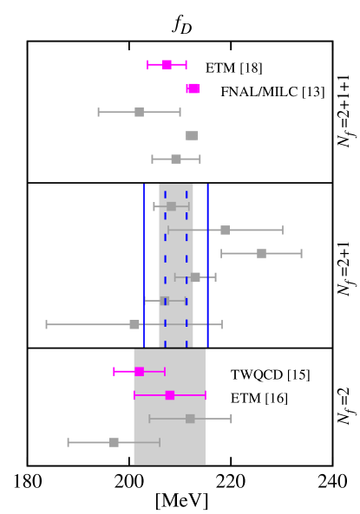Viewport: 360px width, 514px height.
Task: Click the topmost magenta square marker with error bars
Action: click(167, 64)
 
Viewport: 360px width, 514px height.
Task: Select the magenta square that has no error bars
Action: click(193, 88)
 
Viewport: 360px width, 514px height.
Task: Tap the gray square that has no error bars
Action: click(192, 135)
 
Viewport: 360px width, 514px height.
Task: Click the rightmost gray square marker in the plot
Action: click(261, 253)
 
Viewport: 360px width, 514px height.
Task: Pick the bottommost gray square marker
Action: click(114, 442)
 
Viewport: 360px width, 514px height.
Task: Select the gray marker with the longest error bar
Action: click(134, 324)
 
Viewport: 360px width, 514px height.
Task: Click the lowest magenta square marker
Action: click(170, 395)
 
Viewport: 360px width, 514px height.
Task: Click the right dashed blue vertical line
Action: click(186, 251)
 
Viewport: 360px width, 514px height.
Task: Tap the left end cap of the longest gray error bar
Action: click(47, 324)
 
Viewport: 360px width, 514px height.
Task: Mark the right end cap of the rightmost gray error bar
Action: click(301, 253)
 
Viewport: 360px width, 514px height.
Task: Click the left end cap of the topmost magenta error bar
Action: click(148, 64)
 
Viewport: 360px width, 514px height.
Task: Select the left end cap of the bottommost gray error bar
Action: click(69, 442)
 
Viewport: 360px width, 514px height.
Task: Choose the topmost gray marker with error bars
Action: click(139, 112)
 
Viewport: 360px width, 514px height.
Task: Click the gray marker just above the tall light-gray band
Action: click(176, 159)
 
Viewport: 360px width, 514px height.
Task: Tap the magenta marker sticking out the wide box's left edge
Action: click(139, 371)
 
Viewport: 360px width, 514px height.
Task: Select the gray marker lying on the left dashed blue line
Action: click(164, 301)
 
